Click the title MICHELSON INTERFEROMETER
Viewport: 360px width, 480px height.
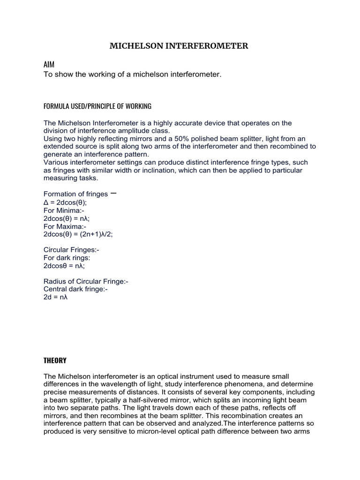179,46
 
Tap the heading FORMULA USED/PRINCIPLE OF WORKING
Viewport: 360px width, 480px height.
97,106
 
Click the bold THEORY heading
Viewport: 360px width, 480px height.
55,360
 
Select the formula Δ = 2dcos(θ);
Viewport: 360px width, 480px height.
65,202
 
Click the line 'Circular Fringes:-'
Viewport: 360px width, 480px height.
71,250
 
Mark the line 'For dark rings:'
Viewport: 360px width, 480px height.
67,258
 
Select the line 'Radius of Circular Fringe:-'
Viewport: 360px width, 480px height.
86,281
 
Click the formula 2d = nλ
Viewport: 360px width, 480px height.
56,297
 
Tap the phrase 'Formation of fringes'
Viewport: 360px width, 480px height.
75,194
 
